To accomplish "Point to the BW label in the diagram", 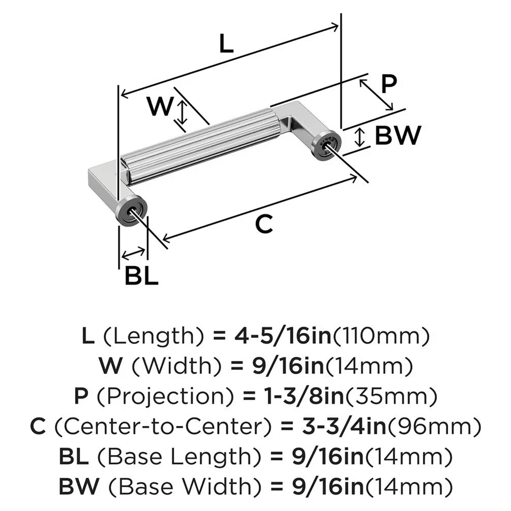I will (397, 136).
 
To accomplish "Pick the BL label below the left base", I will (141, 276).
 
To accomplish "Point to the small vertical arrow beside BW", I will (360, 137).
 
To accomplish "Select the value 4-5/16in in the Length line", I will (268, 337).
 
